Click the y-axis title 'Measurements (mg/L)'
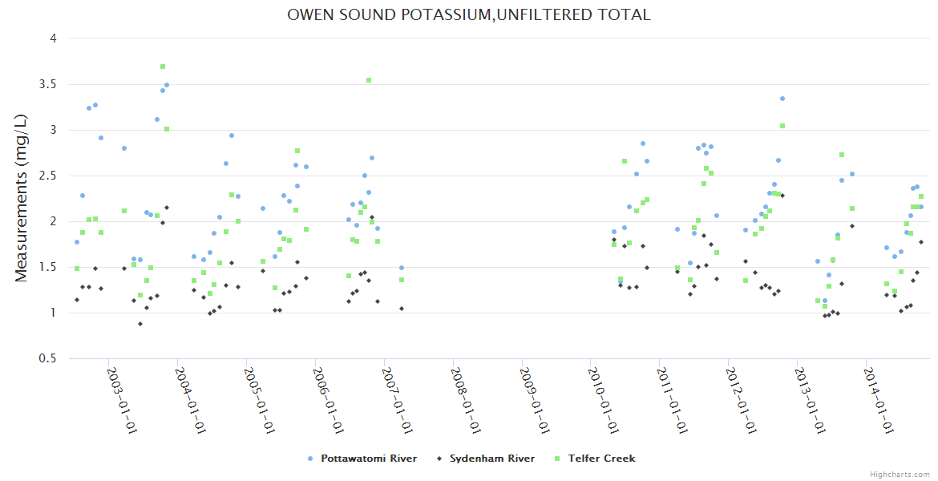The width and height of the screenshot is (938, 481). pos(22,198)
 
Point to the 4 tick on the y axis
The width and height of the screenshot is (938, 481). pos(53,38)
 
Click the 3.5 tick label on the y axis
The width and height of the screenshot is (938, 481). pos(49,84)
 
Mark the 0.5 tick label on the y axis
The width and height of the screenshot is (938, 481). pos(49,358)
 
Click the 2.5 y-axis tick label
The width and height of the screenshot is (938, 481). pos(49,176)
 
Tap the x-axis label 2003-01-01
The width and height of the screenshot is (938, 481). pos(123,401)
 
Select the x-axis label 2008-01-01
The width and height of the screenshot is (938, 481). pos(466,401)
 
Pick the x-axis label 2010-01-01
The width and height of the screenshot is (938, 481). pos(604,401)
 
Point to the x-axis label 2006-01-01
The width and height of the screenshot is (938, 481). pos(329,401)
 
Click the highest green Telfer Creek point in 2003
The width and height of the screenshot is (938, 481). pos(163,67)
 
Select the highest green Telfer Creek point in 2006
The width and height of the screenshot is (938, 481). pos(369,80)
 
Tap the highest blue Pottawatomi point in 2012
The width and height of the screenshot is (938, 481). pos(782,99)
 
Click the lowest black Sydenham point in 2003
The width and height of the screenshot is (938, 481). pos(140,324)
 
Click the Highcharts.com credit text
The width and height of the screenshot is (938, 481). pos(900,474)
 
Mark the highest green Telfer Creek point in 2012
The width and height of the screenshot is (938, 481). pos(782,126)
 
